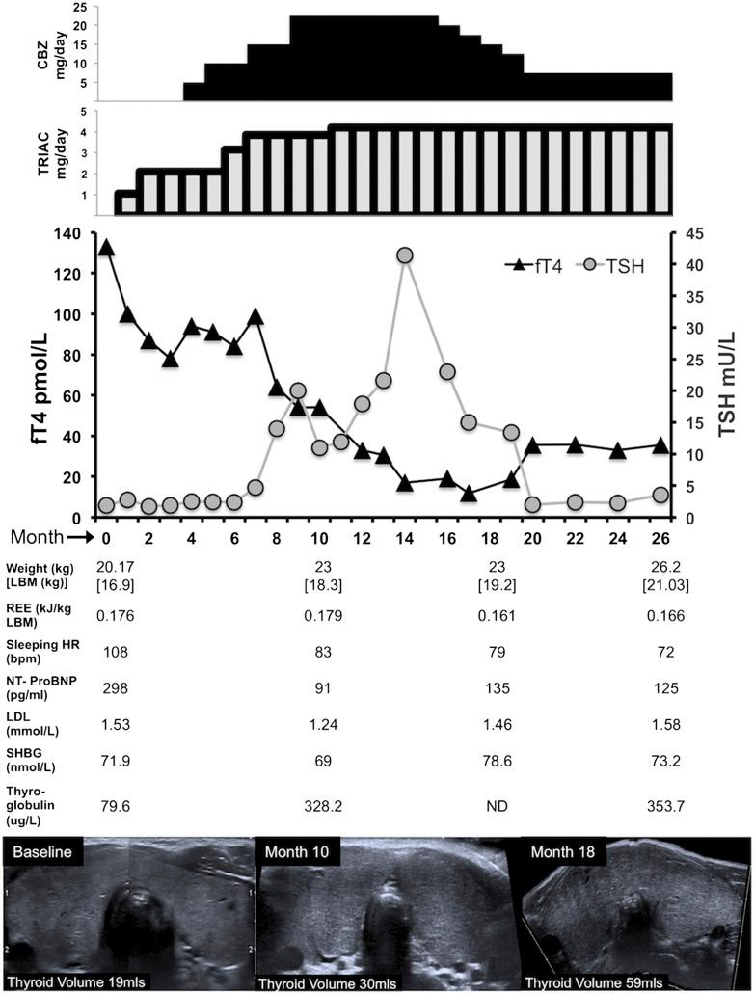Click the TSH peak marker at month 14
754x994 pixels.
[405, 255]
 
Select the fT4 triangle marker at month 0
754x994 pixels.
[106, 247]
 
